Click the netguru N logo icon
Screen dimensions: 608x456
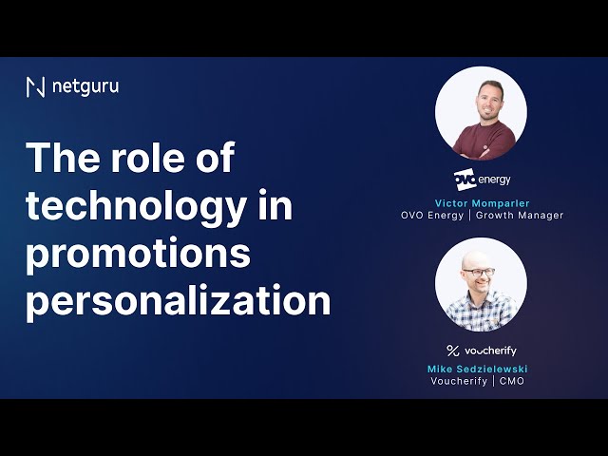[x=35, y=86]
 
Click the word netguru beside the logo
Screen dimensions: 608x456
[x=85, y=87]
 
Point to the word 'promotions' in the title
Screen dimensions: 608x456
[x=138, y=254]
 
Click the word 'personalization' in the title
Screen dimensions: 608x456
[x=179, y=301]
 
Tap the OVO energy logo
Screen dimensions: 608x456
[x=482, y=180]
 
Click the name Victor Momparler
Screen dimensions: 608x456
[x=482, y=203]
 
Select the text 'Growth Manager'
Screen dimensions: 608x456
[x=520, y=216]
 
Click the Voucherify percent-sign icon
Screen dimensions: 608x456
[x=452, y=351]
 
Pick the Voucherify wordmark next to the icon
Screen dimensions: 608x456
[x=490, y=351]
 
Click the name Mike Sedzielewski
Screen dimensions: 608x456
[x=477, y=369]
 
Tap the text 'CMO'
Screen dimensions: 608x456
[x=512, y=381]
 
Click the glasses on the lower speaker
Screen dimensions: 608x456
[x=479, y=272]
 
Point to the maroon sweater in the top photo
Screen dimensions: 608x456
[x=484, y=140]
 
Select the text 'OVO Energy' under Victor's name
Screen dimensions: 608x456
[x=432, y=216]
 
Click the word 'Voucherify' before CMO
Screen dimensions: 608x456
[x=459, y=381]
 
